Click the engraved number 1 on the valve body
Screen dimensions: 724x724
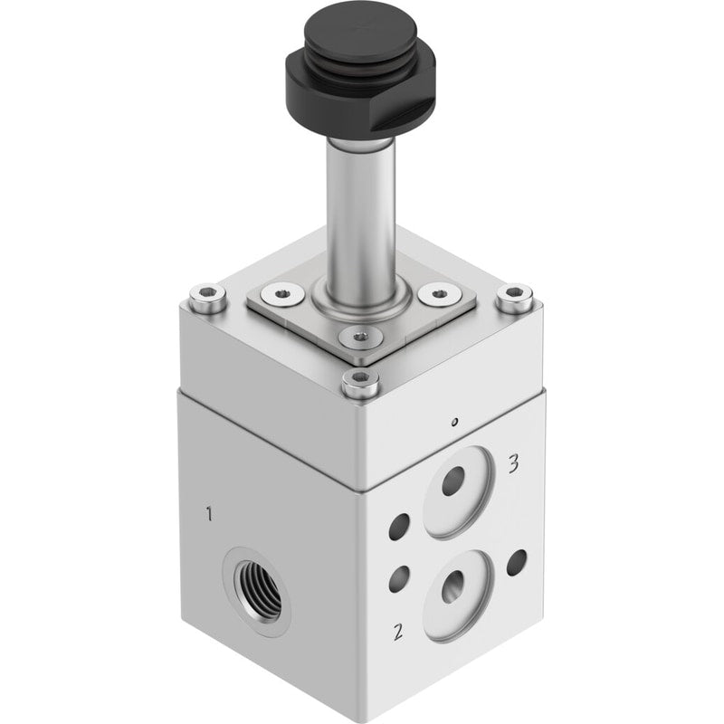pyautogui.click(x=210, y=513)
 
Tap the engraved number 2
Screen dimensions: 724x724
pyautogui.click(x=398, y=632)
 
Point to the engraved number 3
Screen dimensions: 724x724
pyautogui.click(x=513, y=464)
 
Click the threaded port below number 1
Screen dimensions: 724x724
pyautogui.click(x=257, y=592)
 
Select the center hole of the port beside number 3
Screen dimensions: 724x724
pyautogui.click(x=453, y=481)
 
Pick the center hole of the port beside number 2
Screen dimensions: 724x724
pyautogui.click(x=453, y=586)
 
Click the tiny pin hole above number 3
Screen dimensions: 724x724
pyautogui.click(x=455, y=422)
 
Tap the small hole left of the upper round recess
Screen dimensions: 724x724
pyautogui.click(x=399, y=527)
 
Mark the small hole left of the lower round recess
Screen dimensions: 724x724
pyautogui.click(x=399, y=579)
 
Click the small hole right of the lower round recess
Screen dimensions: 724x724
pyautogui.click(x=517, y=563)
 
